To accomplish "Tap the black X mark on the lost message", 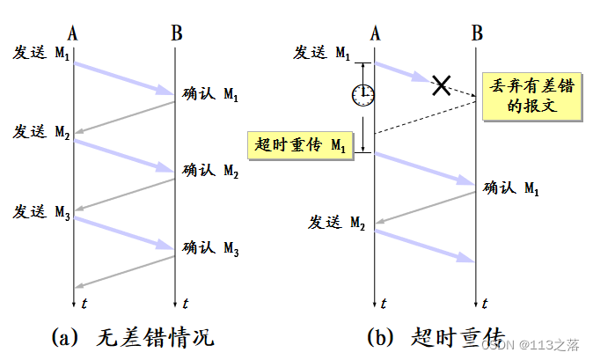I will [x=442, y=84].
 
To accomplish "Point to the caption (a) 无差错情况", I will [x=133, y=337].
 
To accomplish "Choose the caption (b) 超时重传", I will [x=436, y=337].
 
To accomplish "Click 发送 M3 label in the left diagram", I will [x=40, y=211].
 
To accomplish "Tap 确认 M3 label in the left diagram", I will [x=210, y=248].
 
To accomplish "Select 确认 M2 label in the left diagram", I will [x=210, y=171].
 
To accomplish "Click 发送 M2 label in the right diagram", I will [x=336, y=222].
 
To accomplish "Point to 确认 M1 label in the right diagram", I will [x=511, y=187].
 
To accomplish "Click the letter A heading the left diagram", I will [x=73, y=33].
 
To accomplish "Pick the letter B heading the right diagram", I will [x=477, y=33].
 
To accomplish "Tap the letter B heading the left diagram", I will [x=176, y=33].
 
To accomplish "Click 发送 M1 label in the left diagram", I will [x=40, y=53].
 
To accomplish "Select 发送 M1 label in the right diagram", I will [x=321, y=53].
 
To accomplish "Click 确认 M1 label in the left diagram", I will [x=210, y=93].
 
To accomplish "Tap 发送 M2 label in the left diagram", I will [x=40, y=133].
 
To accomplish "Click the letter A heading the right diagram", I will [x=375, y=33].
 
